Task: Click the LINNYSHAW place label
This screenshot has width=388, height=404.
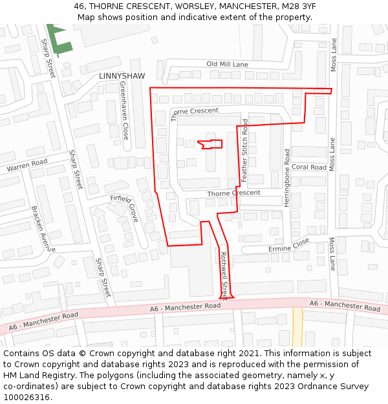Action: [122, 76]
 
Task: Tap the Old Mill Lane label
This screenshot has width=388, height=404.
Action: [227, 65]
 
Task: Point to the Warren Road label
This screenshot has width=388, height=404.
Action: [27, 165]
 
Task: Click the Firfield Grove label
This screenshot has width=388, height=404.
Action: [124, 207]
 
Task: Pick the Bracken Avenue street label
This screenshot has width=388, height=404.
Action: [43, 229]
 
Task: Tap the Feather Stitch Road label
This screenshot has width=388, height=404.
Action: [244, 149]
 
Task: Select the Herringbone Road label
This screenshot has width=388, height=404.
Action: [287, 178]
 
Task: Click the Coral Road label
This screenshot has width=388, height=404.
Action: [308, 167]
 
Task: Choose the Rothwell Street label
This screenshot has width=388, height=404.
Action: [224, 275]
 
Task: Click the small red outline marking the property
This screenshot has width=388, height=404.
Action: [211, 144]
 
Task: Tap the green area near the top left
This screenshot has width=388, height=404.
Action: [59, 39]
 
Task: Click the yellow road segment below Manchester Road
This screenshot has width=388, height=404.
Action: [297, 326]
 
